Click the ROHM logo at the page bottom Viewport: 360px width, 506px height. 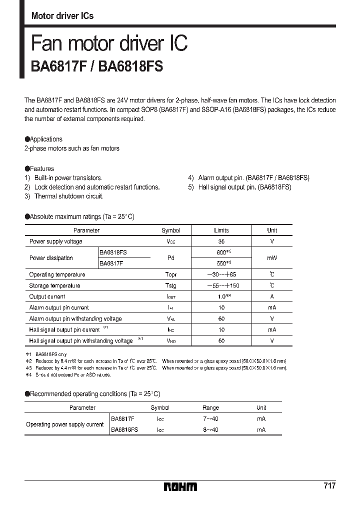180,486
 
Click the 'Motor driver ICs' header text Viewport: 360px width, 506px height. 62,16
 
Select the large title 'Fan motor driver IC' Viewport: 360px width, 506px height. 109,43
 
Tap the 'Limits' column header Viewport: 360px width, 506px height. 221,230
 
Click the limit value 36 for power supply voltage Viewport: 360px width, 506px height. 221,241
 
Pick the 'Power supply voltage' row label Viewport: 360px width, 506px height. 55,241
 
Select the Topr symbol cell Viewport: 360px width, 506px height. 170,274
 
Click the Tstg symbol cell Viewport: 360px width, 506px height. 170,285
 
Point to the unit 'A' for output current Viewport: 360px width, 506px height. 271,296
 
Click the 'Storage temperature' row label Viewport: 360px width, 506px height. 54,285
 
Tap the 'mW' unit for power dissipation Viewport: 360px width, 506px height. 271,258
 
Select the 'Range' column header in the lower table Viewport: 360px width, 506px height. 210,407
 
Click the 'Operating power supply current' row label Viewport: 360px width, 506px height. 64,424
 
